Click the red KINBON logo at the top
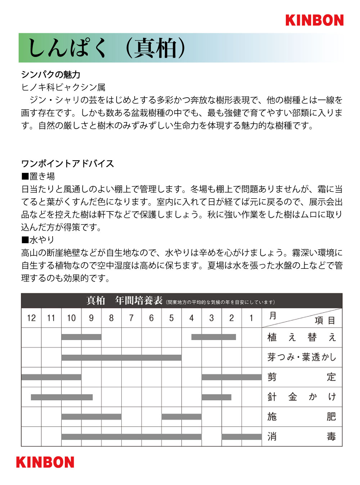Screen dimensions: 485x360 point(314,20)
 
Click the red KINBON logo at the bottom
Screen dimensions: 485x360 point(45,462)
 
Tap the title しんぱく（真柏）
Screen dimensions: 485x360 point(107,48)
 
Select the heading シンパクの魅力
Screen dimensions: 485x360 point(51,75)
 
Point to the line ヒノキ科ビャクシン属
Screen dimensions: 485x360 point(63,87)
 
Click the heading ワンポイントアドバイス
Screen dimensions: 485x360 point(68,164)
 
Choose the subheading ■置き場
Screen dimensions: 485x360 point(38,176)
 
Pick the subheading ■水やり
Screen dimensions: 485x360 point(38,240)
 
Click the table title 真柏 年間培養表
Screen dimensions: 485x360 point(124,301)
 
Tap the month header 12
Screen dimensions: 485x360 point(31,318)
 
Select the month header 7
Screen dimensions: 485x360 point(131,318)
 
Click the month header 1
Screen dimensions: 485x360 point(251,318)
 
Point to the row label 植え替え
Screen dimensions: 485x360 point(302,338)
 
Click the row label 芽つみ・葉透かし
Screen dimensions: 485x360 point(302,357)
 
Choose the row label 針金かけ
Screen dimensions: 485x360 point(302,397)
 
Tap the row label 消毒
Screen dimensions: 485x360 point(302,437)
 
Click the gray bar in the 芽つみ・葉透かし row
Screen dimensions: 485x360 point(121,358)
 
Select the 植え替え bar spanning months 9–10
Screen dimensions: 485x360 point(81,337)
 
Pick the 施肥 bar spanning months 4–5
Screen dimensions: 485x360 point(181,417)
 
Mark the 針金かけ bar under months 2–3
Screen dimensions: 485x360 point(216,397)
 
